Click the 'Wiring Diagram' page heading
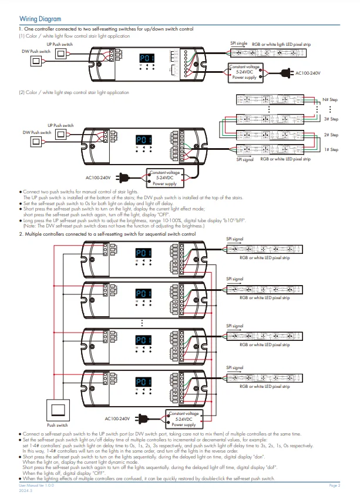tap(40, 19)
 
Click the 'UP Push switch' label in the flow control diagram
tap(60, 44)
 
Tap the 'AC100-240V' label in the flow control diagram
tap(308, 73)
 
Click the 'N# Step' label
tap(330, 100)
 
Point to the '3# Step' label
tap(331, 119)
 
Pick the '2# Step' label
tap(331, 135)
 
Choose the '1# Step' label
tap(331, 149)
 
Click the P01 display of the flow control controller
tap(146, 59)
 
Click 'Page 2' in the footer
tap(335, 486)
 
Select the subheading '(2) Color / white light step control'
tap(74, 92)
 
